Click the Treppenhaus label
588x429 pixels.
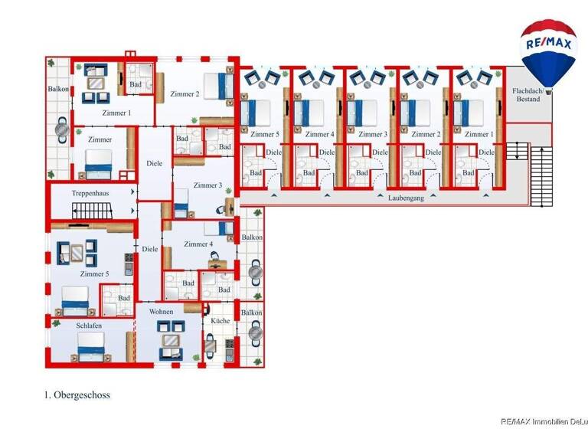(90, 194)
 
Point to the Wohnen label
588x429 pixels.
(162, 312)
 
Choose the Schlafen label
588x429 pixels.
(89, 326)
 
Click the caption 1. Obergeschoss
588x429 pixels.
(77, 395)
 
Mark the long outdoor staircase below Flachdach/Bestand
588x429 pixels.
(541, 176)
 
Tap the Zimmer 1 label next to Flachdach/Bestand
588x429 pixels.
(479, 134)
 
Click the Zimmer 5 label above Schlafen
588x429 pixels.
(93, 274)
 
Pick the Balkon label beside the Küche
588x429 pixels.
(252, 313)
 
